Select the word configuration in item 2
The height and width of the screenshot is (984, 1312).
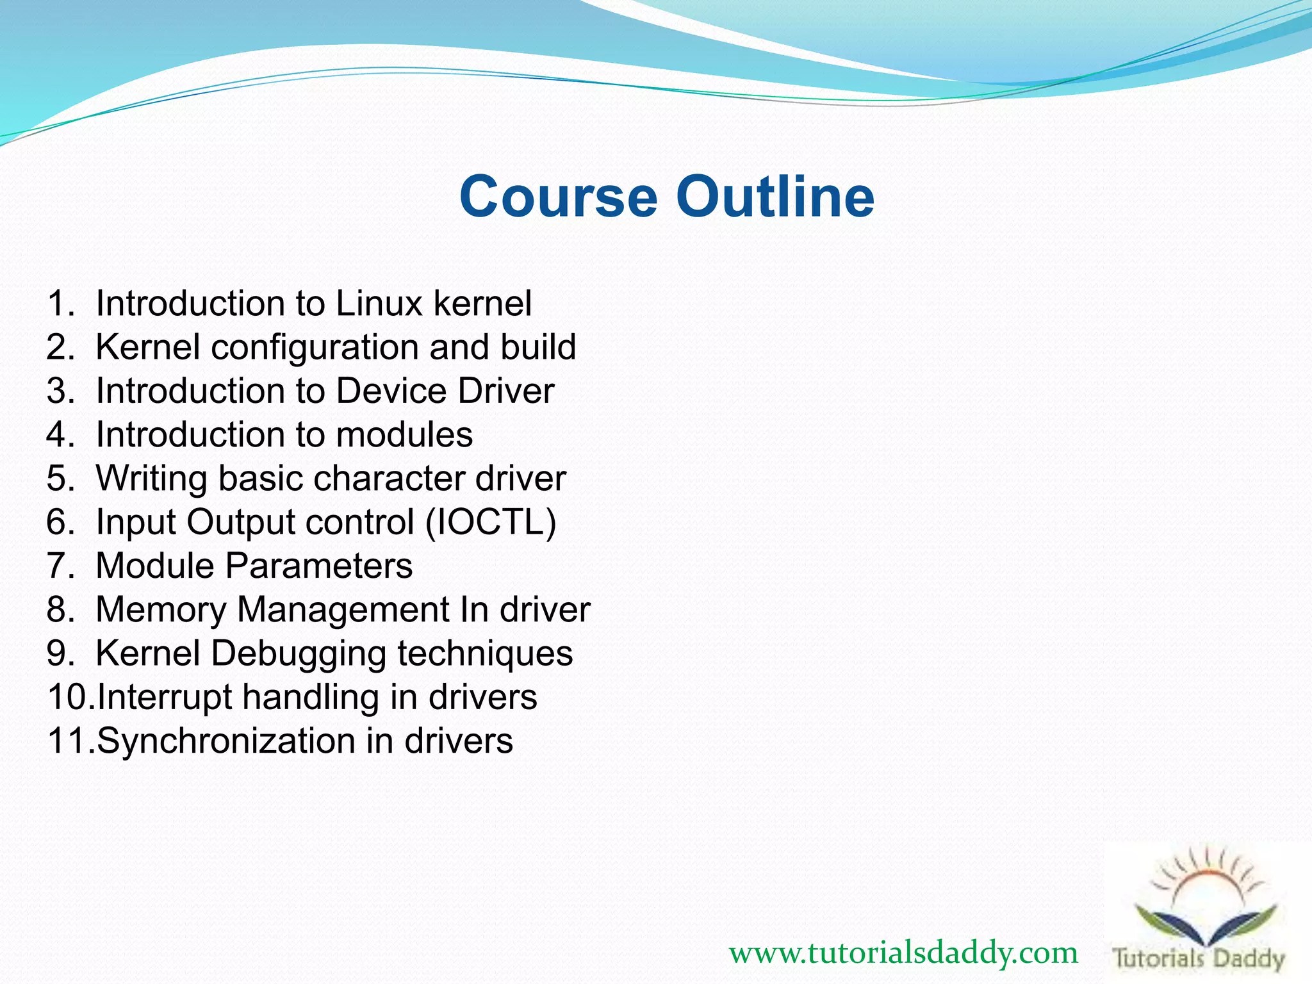point(315,347)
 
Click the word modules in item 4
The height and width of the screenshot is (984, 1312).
point(404,434)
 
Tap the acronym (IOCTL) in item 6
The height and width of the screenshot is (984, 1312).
point(491,522)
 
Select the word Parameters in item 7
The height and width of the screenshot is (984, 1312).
point(318,566)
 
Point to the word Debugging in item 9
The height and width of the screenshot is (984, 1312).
point(298,653)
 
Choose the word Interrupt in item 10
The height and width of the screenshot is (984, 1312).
point(165,697)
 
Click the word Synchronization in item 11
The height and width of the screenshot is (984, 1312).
point(226,741)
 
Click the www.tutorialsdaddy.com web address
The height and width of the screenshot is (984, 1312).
point(903,954)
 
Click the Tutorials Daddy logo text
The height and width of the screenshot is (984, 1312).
point(1199,959)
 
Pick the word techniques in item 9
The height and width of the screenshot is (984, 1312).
point(485,653)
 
